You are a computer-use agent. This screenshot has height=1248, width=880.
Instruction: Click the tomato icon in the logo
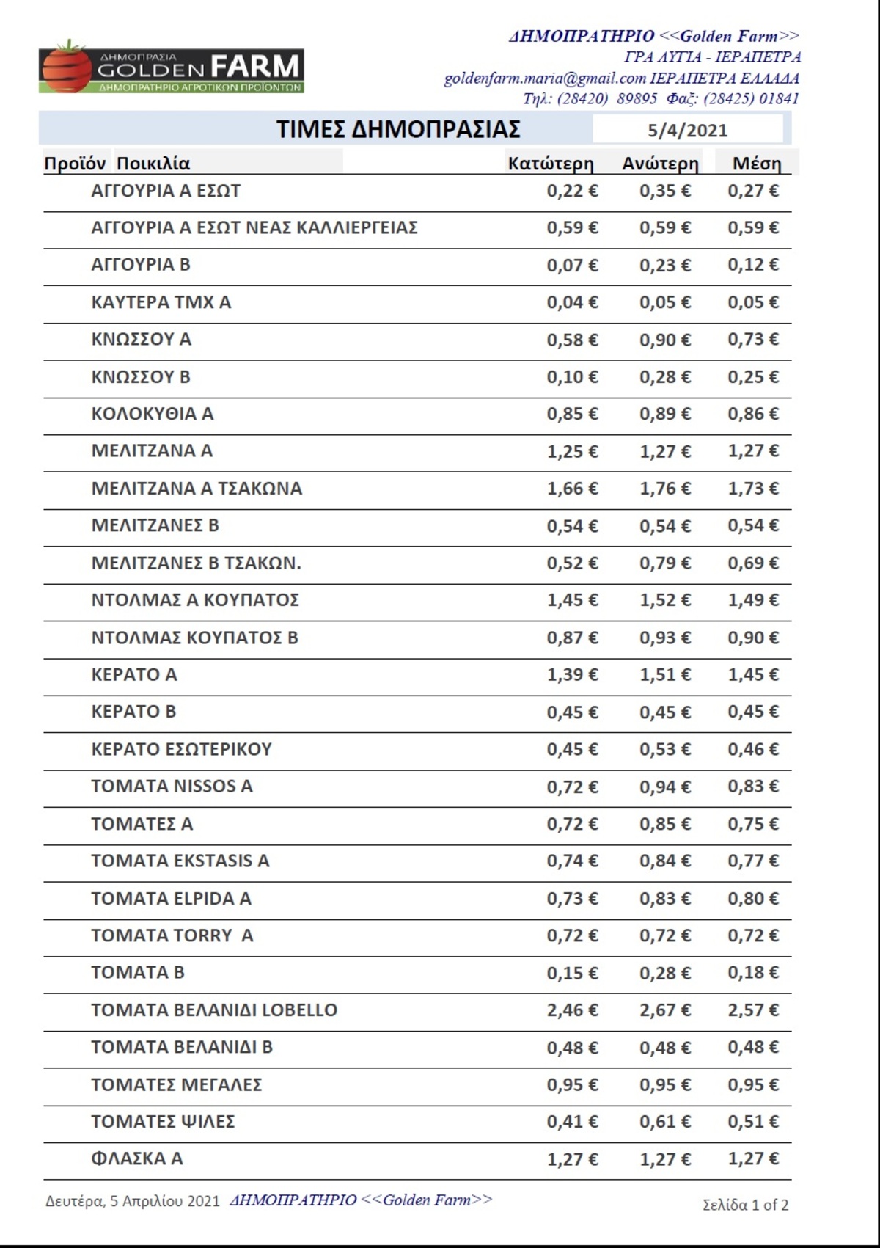(66, 67)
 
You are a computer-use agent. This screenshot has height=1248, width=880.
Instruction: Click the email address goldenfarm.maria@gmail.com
(544, 79)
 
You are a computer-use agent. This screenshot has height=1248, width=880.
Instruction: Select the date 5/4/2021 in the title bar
(687, 131)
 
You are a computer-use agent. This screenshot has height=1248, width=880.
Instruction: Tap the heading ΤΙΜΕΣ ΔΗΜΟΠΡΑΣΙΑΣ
(398, 129)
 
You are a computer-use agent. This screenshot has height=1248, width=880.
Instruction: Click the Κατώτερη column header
(550, 164)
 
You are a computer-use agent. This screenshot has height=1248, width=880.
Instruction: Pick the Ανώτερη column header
(660, 164)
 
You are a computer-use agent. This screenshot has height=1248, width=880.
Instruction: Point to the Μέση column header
(757, 164)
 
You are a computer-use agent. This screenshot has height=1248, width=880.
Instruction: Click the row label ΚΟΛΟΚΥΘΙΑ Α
(152, 414)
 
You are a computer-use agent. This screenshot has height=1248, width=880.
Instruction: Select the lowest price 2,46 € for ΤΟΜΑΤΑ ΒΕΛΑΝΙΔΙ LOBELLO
(572, 1010)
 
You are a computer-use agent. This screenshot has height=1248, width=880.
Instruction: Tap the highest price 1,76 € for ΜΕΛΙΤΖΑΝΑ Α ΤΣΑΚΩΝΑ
(664, 489)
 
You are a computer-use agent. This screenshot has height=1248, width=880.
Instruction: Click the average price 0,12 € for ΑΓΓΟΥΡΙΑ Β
(752, 265)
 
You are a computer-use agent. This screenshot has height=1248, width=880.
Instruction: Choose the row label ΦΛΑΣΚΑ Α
(136, 1158)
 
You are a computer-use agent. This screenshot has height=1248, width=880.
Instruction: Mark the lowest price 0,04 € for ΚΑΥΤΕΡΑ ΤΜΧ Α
(572, 302)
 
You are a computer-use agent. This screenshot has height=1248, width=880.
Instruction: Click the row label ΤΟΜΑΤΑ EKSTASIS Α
(180, 861)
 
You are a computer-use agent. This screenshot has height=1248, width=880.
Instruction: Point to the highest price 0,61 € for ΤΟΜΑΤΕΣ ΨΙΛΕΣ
(664, 1122)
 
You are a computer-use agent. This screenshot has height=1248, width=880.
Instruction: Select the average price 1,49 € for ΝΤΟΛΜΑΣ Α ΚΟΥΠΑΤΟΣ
(752, 600)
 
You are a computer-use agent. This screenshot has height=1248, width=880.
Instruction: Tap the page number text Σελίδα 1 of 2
(745, 1205)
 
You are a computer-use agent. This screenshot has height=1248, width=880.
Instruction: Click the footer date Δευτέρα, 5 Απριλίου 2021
(133, 1201)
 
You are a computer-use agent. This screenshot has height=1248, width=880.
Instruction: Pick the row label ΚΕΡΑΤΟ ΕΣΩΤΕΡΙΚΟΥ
(181, 749)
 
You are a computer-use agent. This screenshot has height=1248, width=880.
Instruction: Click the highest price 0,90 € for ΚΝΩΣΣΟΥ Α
(664, 340)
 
